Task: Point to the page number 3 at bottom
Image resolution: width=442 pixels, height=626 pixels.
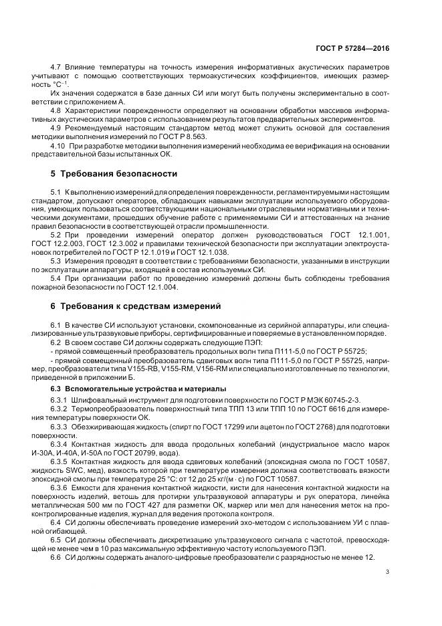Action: point(389,571)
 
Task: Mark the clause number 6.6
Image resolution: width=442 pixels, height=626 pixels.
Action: point(56,558)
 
